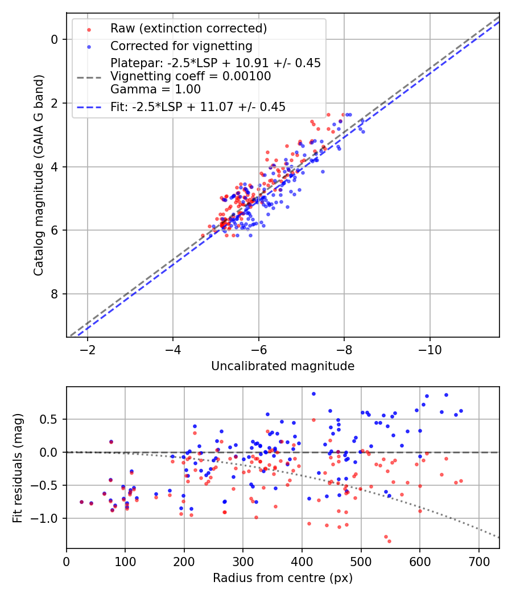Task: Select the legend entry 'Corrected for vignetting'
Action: tap(181, 46)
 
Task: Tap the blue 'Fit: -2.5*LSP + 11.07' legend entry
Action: tap(198, 107)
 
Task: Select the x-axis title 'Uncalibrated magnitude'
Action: tap(283, 366)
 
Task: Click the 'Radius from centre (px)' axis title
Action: tap(283, 578)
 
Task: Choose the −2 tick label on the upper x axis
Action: tap(87, 349)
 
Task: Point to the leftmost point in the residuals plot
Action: tap(81, 502)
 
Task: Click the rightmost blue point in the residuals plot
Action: tap(461, 411)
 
